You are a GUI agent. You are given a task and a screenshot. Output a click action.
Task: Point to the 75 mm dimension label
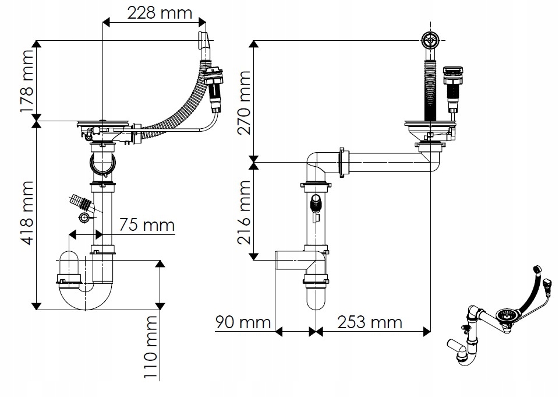click(146, 225)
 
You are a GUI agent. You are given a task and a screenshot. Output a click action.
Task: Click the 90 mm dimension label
click(243, 322)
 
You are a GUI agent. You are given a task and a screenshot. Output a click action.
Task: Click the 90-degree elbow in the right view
click(317, 163)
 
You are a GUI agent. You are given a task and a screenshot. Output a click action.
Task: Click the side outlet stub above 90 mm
click(289, 260)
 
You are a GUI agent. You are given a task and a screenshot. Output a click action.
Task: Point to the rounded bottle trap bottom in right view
click(317, 300)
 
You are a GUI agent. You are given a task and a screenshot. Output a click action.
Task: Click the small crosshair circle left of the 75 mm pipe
click(84, 218)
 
